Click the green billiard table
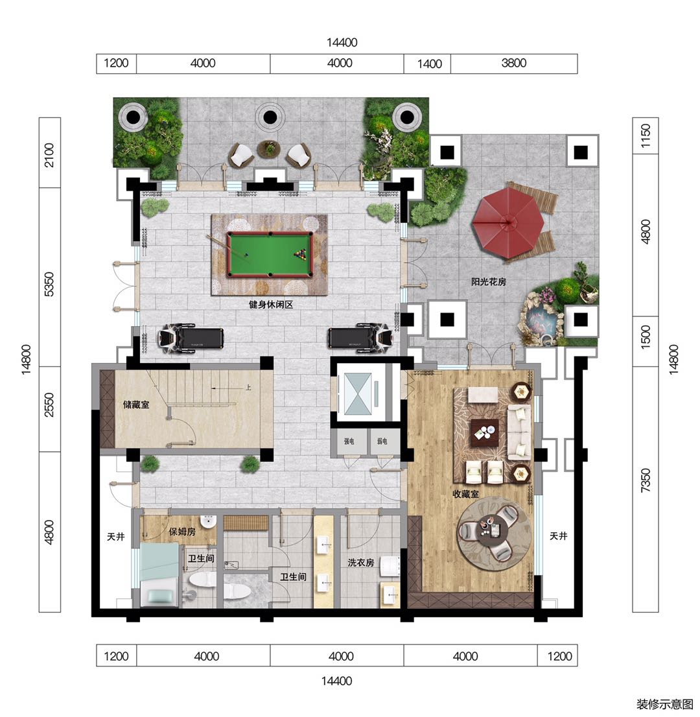(270, 254)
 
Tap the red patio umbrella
(508, 223)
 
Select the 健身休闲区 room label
(271, 305)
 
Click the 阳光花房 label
(488, 281)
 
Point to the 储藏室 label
(136, 405)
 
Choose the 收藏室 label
(465, 494)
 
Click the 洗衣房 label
(361, 563)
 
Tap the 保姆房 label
(182, 532)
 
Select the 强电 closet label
(349, 441)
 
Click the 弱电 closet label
(382, 441)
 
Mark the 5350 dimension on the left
(49, 284)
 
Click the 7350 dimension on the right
(645, 480)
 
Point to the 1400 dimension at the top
(429, 64)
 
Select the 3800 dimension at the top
(514, 63)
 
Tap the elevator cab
(358, 394)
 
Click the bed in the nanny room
(159, 575)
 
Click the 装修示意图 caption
(664, 704)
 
